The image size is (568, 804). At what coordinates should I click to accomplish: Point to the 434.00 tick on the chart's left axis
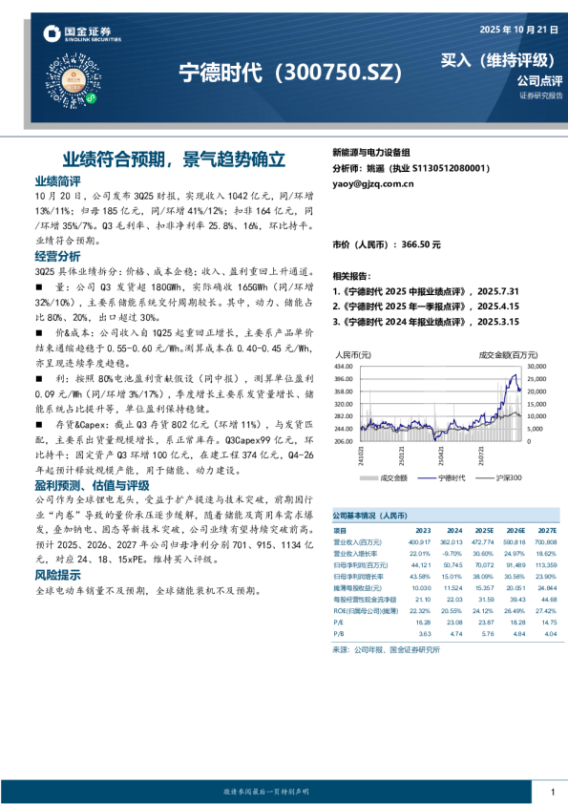[x=344, y=367]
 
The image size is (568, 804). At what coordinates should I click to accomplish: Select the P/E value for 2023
[x=423, y=622]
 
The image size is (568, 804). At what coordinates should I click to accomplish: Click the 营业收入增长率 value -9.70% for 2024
[x=452, y=553]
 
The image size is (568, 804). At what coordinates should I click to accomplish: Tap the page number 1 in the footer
[x=552, y=792]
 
